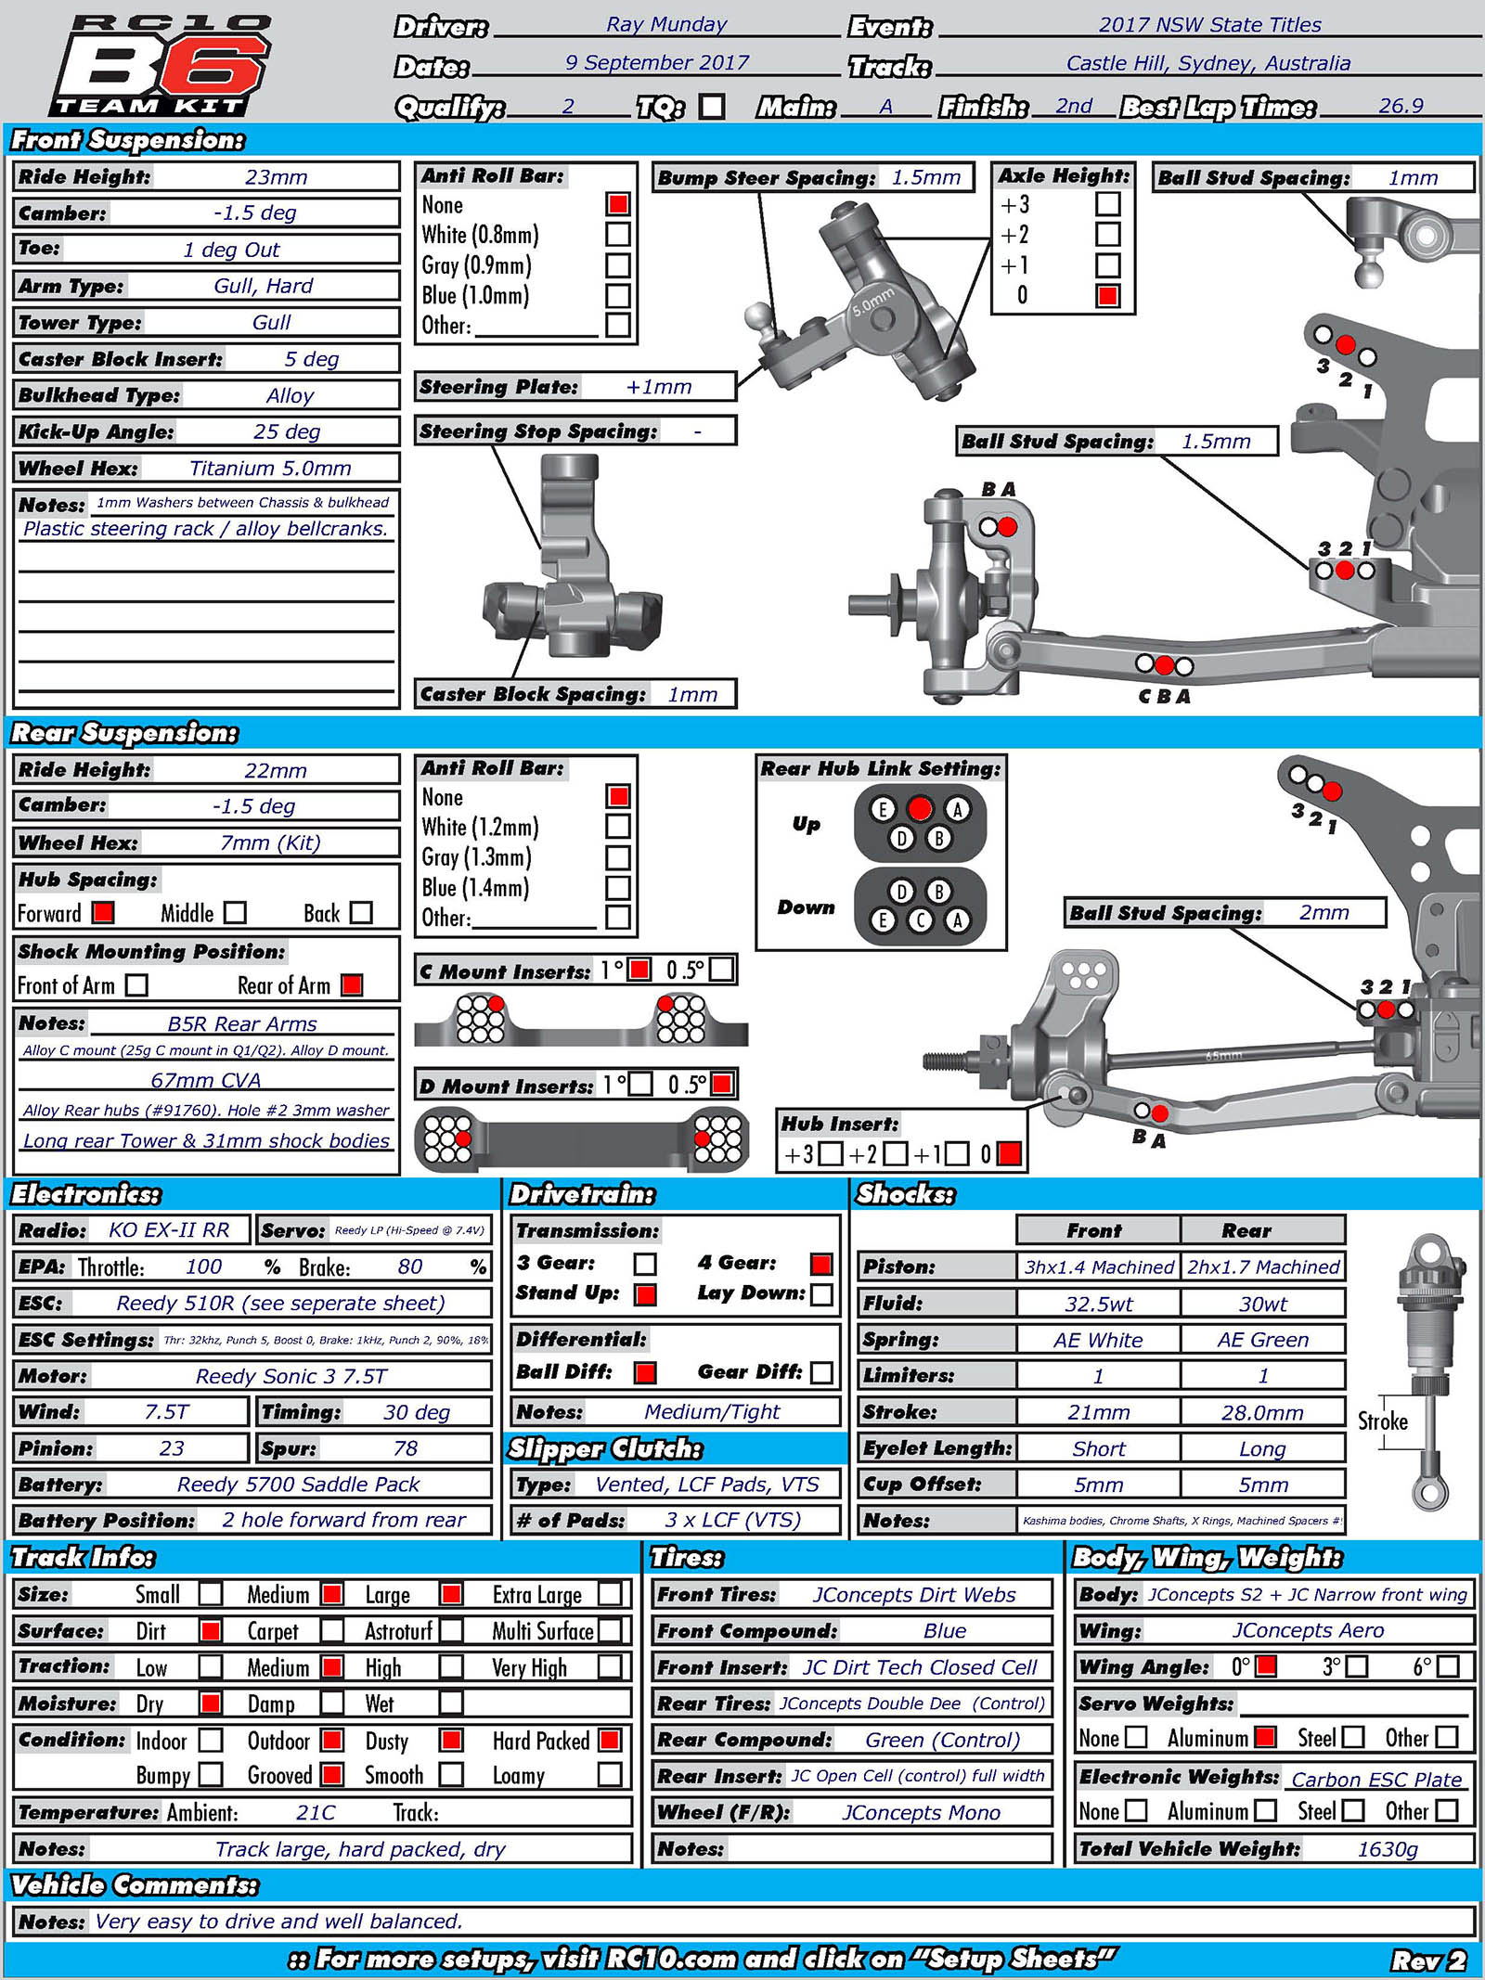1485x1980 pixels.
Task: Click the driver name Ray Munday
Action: coord(666,25)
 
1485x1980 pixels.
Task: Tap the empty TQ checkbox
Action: coord(712,107)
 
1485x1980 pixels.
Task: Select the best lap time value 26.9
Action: coord(1401,106)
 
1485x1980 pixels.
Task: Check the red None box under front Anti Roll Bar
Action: coord(618,204)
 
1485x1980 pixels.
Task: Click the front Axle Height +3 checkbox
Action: coord(1107,204)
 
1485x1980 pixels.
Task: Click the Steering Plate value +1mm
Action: coord(658,387)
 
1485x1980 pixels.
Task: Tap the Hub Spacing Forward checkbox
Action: coord(103,913)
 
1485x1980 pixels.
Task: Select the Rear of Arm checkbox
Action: coord(352,985)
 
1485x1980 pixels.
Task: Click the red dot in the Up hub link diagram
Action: coord(920,809)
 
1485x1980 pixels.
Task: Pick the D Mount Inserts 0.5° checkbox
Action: coord(721,1084)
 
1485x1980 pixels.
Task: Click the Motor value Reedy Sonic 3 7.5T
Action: coord(291,1376)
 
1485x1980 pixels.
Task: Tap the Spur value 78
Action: coord(406,1448)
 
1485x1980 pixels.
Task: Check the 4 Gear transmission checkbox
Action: coord(820,1264)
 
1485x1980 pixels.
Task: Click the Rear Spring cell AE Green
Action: coord(1262,1340)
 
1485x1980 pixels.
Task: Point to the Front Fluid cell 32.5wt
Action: coord(1098,1304)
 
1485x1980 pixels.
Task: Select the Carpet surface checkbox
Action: coord(331,1631)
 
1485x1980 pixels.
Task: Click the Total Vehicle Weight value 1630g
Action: coord(1388,1849)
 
